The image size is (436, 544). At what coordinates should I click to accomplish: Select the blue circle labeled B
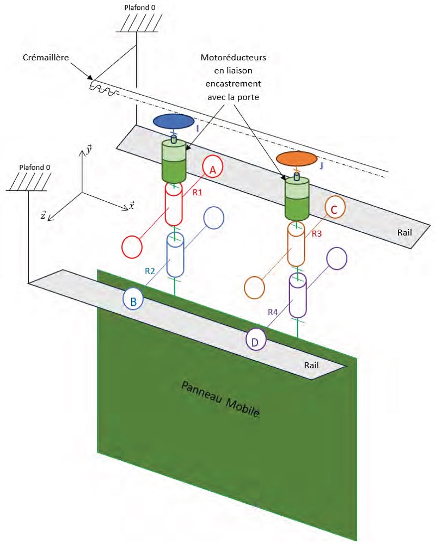(134, 299)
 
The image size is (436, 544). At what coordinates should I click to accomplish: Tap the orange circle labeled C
(335, 208)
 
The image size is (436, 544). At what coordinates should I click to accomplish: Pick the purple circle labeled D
(256, 341)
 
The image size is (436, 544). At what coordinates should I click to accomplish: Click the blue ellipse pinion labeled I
(173, 122)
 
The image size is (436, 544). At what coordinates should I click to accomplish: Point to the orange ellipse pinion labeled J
(296, 158)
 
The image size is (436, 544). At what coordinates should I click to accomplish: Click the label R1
(197, 193)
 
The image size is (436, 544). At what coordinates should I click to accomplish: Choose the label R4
(274, 312)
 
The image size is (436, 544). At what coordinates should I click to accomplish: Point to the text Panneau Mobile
(220, 399)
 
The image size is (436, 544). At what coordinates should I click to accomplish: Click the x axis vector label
(132, 205)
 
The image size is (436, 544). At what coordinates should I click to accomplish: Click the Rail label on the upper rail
(403, 232)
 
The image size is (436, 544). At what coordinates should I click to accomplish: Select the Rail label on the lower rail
(314, 366)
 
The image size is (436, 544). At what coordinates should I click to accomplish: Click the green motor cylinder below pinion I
(174, 162)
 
